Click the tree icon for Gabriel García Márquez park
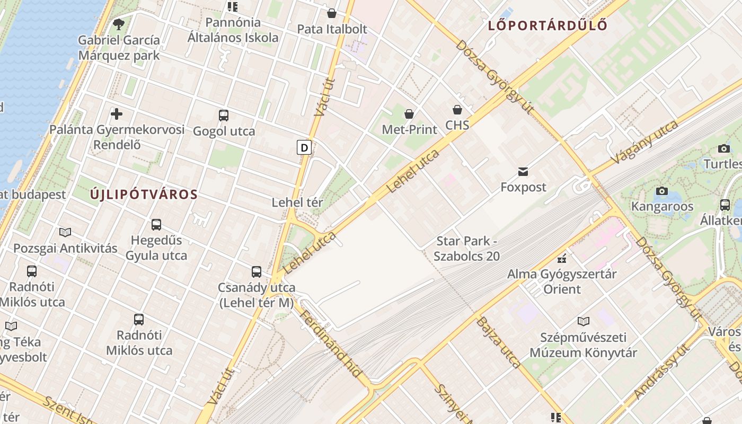pyautogui.click(x=119, y=24)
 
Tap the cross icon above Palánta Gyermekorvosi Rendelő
pyautogui.click(x=117, y=113)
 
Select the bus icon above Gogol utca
pyautogui.click(x=224, y=115)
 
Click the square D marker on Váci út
pyautogui.click(x=304, y=147)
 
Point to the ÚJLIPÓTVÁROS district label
pyautogui.click(x=144, y=195)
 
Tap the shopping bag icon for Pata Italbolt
pyautogui.click(x=332, y=13)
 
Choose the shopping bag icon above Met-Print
pyautogui.click(x=409, y=113)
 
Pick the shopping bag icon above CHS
pyautogui.click(x=457, y=110)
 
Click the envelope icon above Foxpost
pyautogui.click(x=523, y=171)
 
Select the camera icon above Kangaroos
pyautogui.click(x=661, y=191)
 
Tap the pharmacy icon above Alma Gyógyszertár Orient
pyautogui.click(x=562, y=259)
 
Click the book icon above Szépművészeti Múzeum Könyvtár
pyautogui.click(x=583, y=321)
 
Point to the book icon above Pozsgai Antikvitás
pyautogui.click(x=65, y=232)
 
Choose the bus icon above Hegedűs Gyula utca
pyautogui.click(x=156, y=224)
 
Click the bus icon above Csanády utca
pyautogui.click(x=257, y=272)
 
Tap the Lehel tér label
pyautogui.click(x=297, y=202)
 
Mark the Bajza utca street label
pyautogui.click(x=498, y=342)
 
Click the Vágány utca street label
pyautogui.click(x=644, y=142)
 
